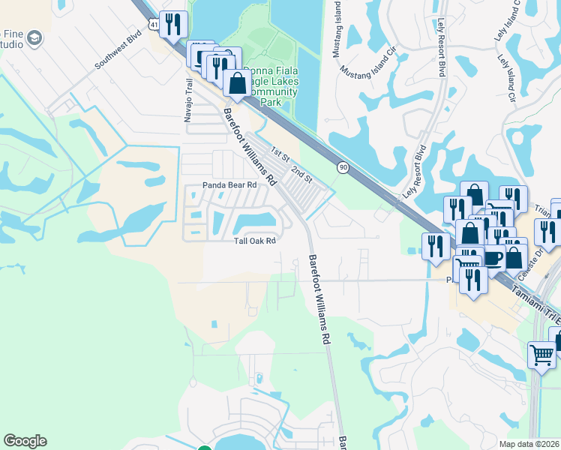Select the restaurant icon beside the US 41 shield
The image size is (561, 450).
click(x=173, y=24)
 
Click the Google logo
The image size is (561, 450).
click(x=25, y=441)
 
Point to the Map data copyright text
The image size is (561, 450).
click(x=529, y=444)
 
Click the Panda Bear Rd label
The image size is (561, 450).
click(x=229, y=184)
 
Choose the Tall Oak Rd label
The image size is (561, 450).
click(x=255, y=241)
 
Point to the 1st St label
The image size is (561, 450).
click(x=280, y=154)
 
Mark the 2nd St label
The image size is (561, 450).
click(x=301, y=173)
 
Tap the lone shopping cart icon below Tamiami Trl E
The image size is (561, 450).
click(x=541, y=354)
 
